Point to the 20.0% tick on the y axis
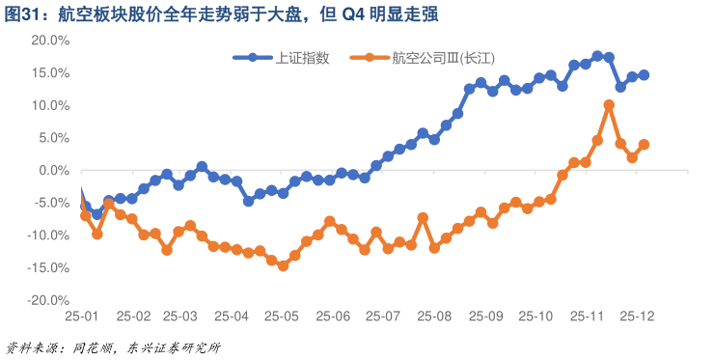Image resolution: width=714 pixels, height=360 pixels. [49, 41]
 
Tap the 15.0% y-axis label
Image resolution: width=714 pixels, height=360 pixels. [49, 73]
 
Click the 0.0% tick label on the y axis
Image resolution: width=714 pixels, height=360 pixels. [52, 171]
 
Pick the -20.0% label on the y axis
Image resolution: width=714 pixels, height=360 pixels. [47, 301]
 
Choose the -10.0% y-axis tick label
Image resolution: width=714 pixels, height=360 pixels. [47, 235]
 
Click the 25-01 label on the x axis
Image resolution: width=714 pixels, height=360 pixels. [83, 316]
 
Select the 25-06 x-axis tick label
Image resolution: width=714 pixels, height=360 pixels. [333, 316]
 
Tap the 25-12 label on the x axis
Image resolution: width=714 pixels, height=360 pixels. [638, 316]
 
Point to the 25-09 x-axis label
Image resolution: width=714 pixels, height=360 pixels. [486, 316]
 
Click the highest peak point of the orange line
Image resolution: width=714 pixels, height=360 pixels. [609, 105]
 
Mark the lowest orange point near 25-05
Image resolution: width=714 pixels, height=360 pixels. [283, 265]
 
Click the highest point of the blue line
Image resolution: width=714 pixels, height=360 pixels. [597, 56]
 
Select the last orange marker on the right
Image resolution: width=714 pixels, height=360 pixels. [644, 145]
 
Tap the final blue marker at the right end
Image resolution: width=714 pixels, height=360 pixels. [644, 75]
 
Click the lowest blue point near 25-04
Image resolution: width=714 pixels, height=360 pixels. [248, 201]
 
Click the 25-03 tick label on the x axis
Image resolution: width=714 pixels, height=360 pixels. [180, 316]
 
